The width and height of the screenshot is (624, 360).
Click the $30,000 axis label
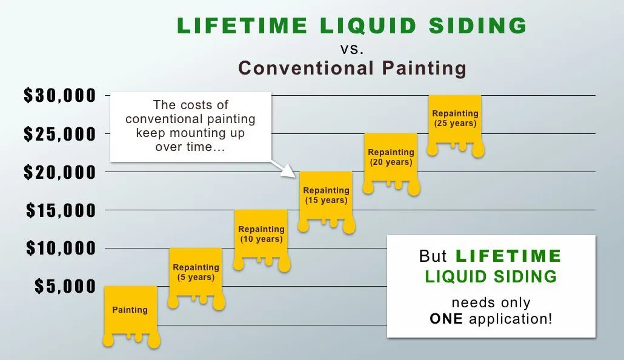(60, 96)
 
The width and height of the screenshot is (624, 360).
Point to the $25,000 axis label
(60, 134)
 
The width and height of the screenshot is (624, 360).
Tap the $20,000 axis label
(60, 172)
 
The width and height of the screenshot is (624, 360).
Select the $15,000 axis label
(61, 210)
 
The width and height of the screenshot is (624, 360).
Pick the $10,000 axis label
(61, 248)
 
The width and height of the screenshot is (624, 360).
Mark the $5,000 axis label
(65, 286)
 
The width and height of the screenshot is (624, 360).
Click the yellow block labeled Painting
(131, 315)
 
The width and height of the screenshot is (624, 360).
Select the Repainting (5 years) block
(196, 277)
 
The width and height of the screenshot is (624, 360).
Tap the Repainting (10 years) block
(261, 239)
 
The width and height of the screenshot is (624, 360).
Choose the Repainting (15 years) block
(326, 201)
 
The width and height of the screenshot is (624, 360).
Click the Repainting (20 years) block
(391, 162)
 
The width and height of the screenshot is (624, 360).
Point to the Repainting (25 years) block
(455, 124)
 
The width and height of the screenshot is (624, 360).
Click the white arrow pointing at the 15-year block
(283, 169)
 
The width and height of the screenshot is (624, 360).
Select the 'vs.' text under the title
(352, 48)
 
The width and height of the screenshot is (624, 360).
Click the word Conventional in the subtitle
(306, 68)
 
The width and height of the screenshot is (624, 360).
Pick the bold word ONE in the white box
(446, 319)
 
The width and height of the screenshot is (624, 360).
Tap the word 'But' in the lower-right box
(433, 256)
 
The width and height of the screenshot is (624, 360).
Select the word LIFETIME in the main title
(242, 25)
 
